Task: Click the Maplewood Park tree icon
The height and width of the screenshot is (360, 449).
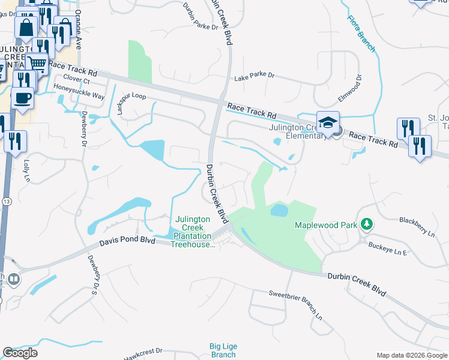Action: pyautogui.click(x=367, y=225)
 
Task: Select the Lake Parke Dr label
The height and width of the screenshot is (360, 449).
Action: pyautogui.click(x=254, y=76)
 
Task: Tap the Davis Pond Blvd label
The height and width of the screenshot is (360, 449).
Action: pyautogui.click(x=127, y=240)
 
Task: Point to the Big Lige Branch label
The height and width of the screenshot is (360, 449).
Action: pyautogui.click(x=223, y=350)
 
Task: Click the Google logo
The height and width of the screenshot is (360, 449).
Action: pyautogui.click(x=20, y=353)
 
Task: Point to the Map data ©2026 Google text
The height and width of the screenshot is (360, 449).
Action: pyautogui.click(x=411, y=355)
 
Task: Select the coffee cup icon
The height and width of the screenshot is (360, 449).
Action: pyautogui.click(x=22, y=98)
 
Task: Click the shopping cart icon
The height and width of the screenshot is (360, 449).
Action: pyautogui.click(x=37, y=63)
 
